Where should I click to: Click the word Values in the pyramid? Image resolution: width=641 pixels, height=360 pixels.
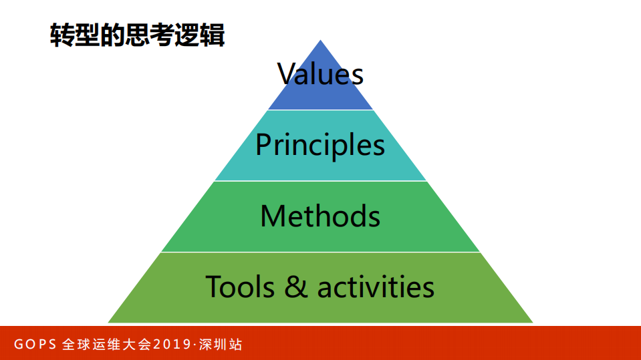point(320,73)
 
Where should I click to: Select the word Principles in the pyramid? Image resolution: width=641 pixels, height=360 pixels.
point(320,145)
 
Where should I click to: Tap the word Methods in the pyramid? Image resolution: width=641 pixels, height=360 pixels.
point(320,216)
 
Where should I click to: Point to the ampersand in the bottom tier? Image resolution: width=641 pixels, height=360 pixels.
point(296,287)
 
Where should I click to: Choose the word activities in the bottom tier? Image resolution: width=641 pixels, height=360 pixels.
point(376,287)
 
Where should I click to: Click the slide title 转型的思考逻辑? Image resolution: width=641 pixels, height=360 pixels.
point(137,34)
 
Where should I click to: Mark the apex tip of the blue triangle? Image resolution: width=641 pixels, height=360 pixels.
point(321,41)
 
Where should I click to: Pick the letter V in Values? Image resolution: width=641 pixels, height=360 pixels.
point(286,73)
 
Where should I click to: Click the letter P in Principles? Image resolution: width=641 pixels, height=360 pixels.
point(263,145)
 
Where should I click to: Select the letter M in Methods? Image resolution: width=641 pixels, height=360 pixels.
point(273,216)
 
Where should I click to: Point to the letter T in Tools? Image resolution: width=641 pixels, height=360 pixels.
point(213,287)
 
